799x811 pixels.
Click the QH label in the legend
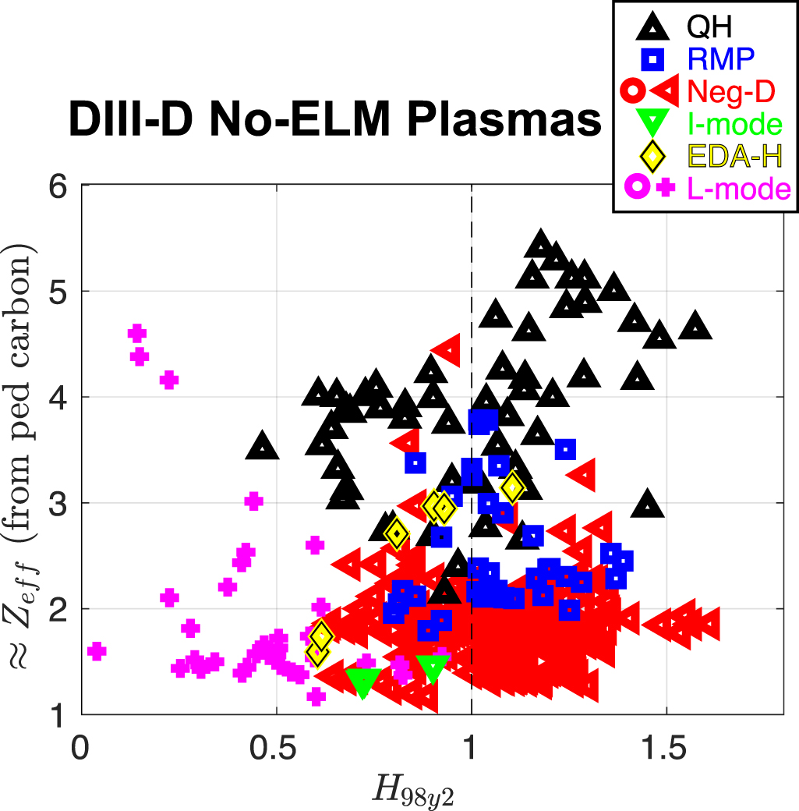709,29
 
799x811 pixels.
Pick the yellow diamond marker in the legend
653,157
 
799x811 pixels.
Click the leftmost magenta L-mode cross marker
97,651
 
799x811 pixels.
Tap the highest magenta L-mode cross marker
136,334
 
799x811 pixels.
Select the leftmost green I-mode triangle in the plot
362,682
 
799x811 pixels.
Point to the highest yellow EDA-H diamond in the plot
512,487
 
